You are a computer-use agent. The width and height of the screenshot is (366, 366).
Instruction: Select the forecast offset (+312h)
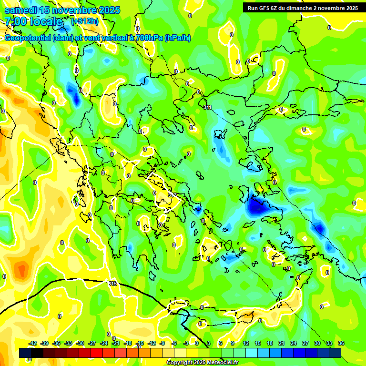pos(85,21)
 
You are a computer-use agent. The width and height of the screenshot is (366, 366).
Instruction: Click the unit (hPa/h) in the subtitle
pos(177,38)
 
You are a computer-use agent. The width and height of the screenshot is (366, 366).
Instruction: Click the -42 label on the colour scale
pos(32,343)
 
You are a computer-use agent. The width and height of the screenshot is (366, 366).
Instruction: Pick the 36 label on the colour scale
pos(341,343)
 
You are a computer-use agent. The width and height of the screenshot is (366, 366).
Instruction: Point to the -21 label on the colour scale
pos(115,343)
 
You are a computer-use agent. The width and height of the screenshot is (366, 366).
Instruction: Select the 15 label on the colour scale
pos(258,343)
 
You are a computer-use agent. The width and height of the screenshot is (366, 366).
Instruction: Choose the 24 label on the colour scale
pos(294,343)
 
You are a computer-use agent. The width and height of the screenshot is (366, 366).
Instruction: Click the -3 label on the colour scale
pos(186,343)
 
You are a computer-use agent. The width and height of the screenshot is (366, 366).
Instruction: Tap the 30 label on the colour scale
pos(317,343)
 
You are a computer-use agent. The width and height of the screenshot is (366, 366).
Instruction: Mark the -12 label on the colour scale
pos(151,343)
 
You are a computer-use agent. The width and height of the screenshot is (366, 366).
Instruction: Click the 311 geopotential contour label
pos(207,108)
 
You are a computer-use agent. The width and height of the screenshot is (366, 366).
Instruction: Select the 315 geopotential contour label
pos(113,284)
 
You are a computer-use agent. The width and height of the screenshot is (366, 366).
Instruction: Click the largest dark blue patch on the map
pos(257,206)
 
